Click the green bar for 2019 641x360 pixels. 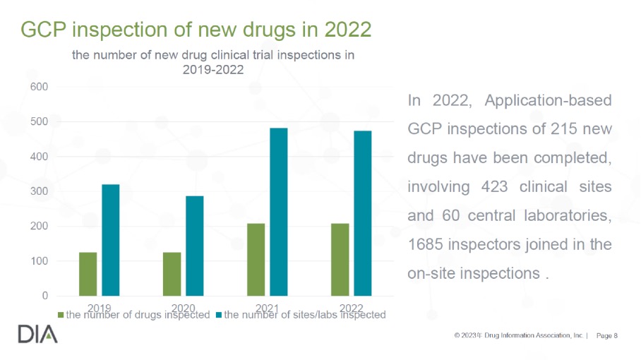(x=88, y=274)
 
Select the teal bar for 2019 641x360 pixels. (x=111, y=240)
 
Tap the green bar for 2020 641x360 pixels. (x=172, y=274)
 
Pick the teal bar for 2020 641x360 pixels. (x=195, y=246)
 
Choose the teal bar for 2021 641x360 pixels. (x=279, y=212)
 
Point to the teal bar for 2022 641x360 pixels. (x=363, y=213)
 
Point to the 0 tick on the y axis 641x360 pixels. (x=44, y=296)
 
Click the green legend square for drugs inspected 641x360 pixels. (x=61, y=316)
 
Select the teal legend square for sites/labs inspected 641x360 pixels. (x=219, y=316)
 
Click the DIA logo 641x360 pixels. (x=38, y=335)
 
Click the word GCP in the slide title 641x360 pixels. (x=44, y=30)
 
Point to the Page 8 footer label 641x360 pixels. (x=607, y=335)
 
